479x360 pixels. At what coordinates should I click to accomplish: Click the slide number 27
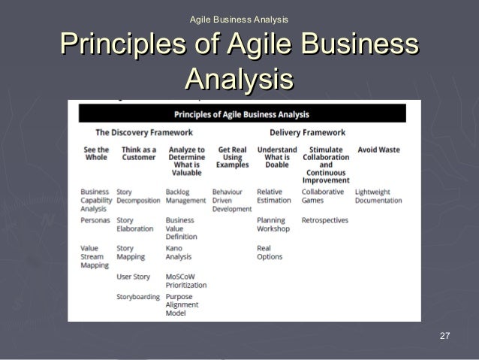444,334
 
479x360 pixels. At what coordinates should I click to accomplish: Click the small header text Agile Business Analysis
239,18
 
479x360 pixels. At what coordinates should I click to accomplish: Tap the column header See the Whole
95,153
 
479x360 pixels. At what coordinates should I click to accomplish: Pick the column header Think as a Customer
138,153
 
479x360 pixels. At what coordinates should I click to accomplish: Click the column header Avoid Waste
378,150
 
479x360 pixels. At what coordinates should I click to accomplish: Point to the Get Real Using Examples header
232,157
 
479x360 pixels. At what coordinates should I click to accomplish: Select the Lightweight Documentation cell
378,196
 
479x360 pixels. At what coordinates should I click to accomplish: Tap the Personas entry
95,220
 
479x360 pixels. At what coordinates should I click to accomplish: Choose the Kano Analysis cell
179,253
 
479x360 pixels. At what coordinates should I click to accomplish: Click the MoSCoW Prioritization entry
185,281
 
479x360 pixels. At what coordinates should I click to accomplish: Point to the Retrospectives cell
325,220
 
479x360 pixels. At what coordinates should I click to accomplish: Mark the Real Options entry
270,253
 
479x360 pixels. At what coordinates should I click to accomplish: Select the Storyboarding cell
138,297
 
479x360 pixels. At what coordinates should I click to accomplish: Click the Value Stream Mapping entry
95,256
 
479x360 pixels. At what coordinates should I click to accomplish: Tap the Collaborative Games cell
323,196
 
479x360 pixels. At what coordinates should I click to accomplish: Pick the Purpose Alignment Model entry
182,305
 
